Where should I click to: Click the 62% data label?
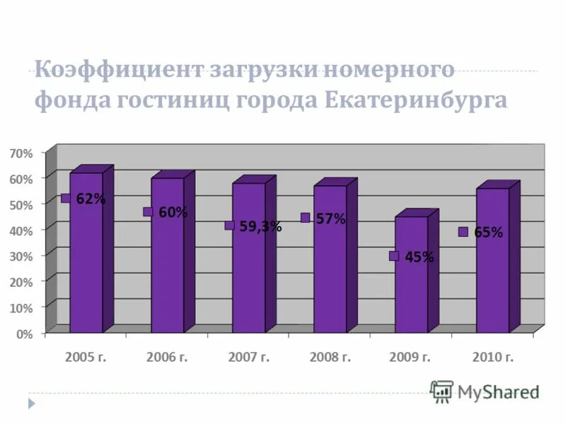click(91, 199)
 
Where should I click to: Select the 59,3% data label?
click(260, 226)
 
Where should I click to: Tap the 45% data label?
click(420, 257)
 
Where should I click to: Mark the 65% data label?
click(488, 232)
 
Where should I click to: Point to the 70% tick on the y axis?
click(21, 153)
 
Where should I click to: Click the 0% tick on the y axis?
click(24, 334)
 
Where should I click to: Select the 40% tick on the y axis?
click(21, 230)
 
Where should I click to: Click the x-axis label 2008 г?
click(330, 357)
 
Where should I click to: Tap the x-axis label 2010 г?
click(492, 357)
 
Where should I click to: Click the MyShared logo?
click(485, 391)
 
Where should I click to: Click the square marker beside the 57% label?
click(305, 218)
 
